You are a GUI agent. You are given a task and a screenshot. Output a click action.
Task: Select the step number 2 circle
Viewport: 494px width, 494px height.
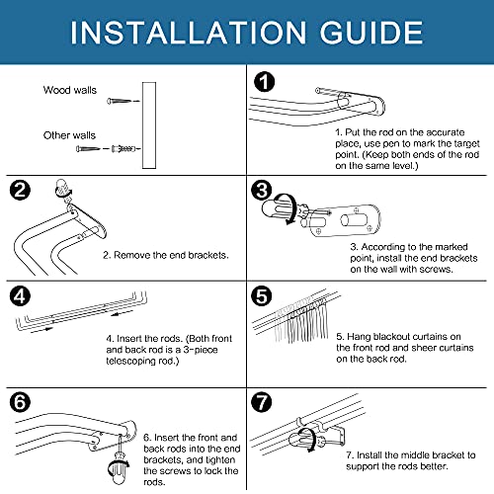21,190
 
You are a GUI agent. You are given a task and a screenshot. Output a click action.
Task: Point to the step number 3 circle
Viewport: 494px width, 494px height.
260,190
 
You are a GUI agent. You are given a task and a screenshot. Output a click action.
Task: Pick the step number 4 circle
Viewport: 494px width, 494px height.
21,294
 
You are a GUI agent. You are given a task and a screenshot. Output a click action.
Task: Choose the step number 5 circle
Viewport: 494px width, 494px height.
260,294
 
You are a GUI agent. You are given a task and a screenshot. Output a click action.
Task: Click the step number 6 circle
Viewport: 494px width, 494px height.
21,401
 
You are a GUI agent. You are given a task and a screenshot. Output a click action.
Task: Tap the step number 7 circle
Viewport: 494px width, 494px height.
260,401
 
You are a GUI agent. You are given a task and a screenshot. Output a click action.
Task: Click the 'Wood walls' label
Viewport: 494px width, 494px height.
69,90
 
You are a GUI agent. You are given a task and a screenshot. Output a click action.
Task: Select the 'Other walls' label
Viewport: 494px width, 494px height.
69,135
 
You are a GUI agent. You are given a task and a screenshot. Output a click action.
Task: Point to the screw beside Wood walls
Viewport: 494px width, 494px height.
121,99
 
